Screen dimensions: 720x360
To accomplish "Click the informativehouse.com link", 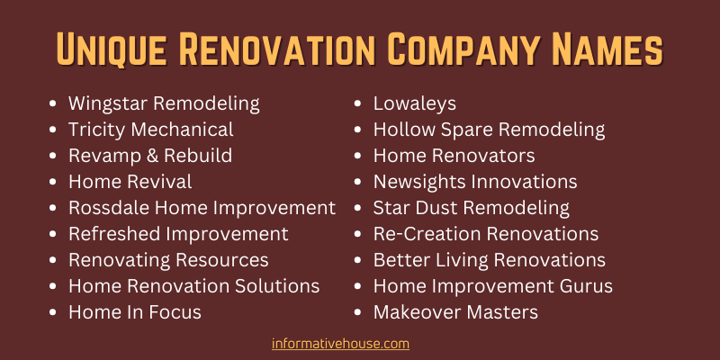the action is coord(340,344).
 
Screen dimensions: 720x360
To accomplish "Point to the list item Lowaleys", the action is coord(415,103).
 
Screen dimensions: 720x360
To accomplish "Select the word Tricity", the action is coord(97,130).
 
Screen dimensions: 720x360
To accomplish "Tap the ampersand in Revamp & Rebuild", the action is coord(149,156).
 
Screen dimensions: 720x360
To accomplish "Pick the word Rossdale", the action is coord(109,209).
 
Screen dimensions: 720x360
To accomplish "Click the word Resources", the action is coord(222,260).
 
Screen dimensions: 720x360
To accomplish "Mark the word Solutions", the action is coord(277,286).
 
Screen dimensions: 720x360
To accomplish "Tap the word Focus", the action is coord(175,312).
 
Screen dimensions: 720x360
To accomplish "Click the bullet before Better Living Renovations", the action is coord(358,261).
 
